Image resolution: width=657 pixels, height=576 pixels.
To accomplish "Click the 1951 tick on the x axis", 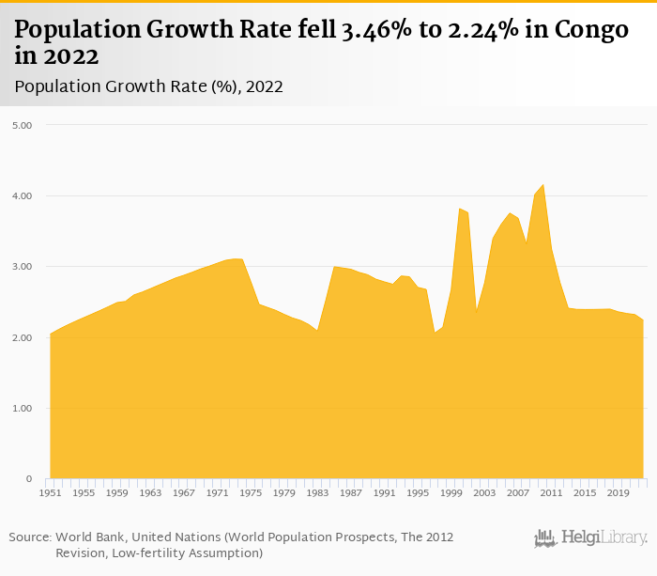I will coord(50,492).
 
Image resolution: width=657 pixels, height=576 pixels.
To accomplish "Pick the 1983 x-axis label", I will coord(317,492).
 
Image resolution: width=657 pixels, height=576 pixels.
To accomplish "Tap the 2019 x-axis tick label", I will coord(618,492).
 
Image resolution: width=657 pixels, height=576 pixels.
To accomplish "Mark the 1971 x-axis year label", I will coord(217,492).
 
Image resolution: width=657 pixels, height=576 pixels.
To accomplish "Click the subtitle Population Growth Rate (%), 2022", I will coord(149,86).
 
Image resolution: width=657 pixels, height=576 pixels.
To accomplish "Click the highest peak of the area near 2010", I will coord(542,185).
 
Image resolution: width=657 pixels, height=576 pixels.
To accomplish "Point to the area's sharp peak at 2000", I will coord(459,209).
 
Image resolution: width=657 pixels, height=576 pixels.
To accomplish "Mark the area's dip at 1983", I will coord(317,331).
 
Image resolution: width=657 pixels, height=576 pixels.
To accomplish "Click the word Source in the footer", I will coord(29,537).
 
